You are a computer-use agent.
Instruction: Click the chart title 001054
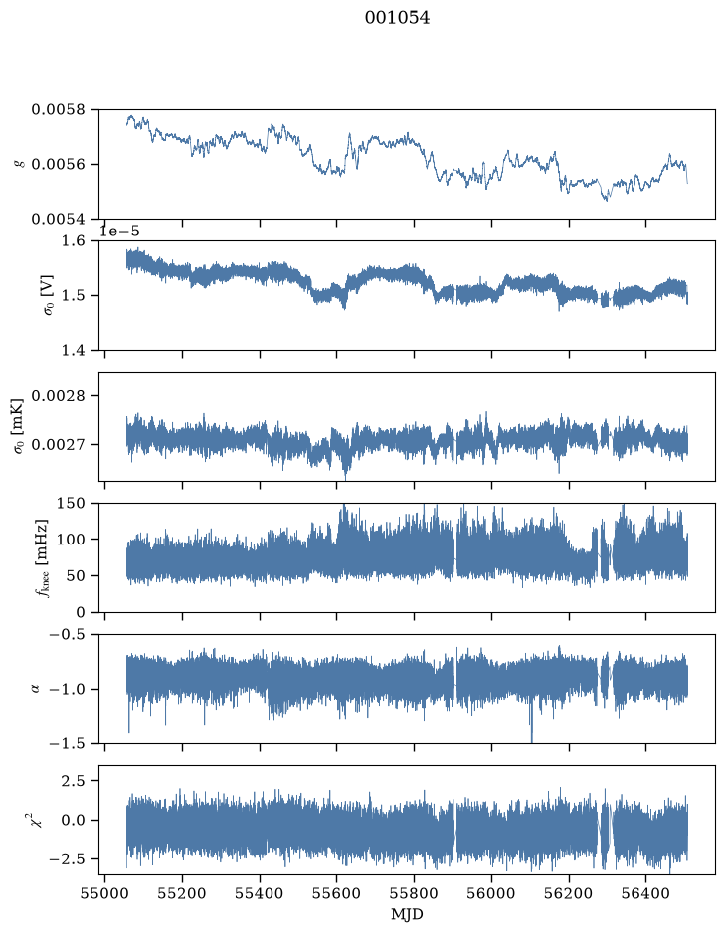[397, 18]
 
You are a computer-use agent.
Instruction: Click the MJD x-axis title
[407, 914]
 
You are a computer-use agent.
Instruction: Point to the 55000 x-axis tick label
[104, 894]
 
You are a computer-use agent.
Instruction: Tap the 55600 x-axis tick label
[336, 894]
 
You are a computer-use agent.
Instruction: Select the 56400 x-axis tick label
[646, 894]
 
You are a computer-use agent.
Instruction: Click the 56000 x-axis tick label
[491, 894]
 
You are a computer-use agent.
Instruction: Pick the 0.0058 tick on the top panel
[58, 110]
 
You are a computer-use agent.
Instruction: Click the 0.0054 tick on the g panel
[58, 219]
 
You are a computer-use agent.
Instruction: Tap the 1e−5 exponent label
[119, 232]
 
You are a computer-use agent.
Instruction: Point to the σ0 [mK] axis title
[19, 426]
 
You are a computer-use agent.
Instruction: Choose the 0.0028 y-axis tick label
[58, 396]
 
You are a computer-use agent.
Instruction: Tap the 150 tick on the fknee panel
[71, 504]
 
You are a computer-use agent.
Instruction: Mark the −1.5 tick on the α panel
[67, 744]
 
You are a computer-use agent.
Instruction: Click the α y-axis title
[35, 689]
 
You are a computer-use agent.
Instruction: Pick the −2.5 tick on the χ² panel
[67, 859]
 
